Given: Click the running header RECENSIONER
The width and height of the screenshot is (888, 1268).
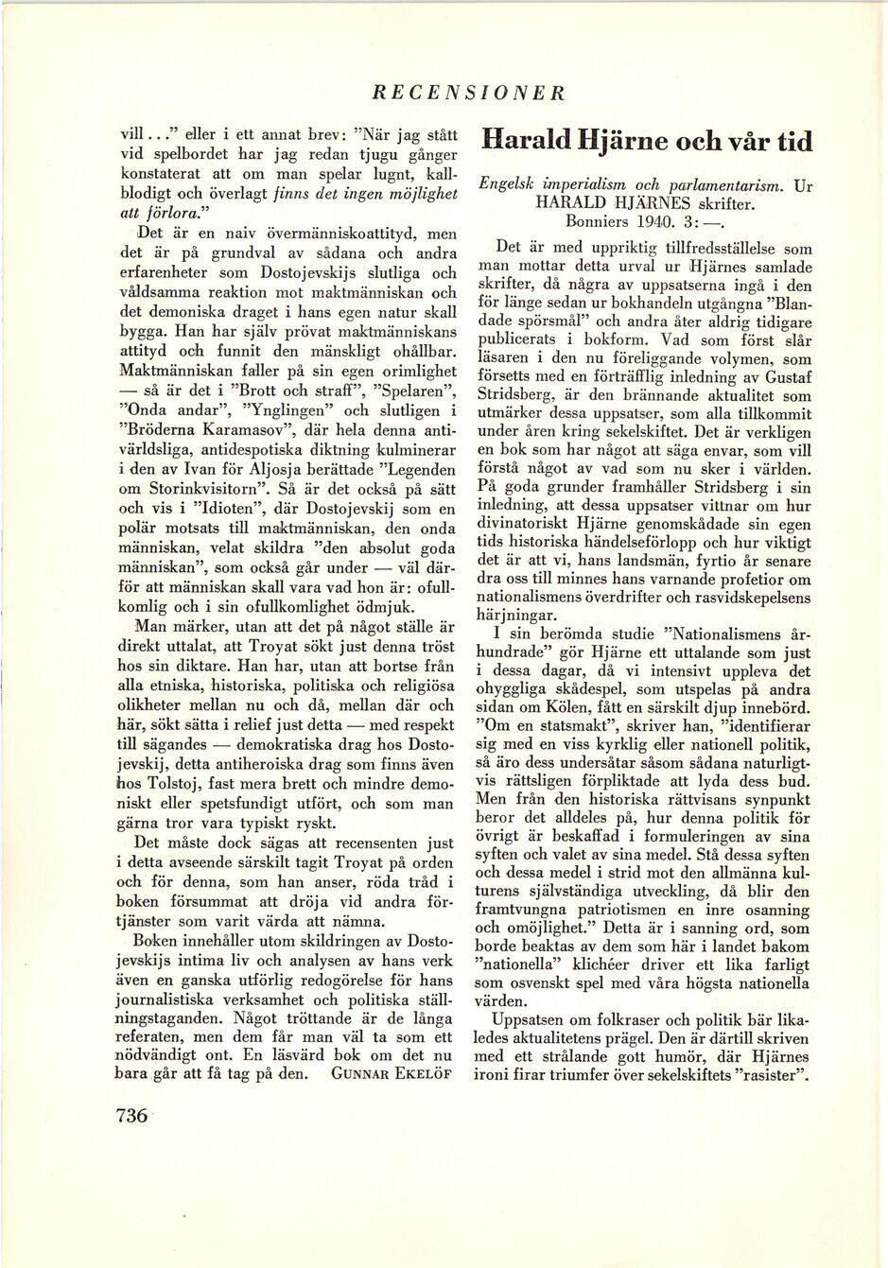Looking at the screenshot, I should pos(469,93).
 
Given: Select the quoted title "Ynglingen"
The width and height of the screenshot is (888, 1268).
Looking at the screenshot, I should pos(285,410).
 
